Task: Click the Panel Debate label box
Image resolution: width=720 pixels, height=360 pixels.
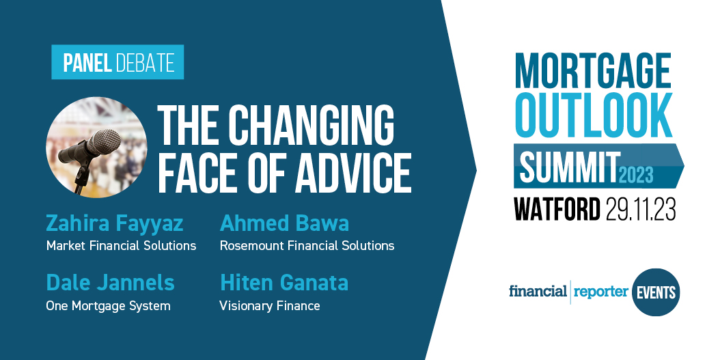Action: coord(117,63)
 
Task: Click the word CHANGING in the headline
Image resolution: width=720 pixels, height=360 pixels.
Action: coord(311,126)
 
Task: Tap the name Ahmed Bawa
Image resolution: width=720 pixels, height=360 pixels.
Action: coord(284,223)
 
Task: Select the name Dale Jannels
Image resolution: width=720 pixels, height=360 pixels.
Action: coord(110,282)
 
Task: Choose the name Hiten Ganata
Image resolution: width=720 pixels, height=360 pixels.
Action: coord(283,282)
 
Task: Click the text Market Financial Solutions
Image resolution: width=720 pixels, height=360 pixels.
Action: coord(121,246)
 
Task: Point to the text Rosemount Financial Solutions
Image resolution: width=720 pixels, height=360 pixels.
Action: coord(307,246)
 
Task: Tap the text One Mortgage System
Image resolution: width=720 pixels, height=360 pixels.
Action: coord(108,306)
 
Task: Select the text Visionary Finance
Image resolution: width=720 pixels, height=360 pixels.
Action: coord(269,306)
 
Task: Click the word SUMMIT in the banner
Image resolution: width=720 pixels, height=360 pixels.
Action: coord(569,166)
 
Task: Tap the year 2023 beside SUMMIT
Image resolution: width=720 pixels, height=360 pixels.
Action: coord(636,175)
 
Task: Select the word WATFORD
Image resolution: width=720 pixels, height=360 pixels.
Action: coord(557,209)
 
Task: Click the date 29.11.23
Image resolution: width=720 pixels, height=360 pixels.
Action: coord(641,209)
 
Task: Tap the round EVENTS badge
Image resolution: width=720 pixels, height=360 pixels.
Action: coord(656,292)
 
